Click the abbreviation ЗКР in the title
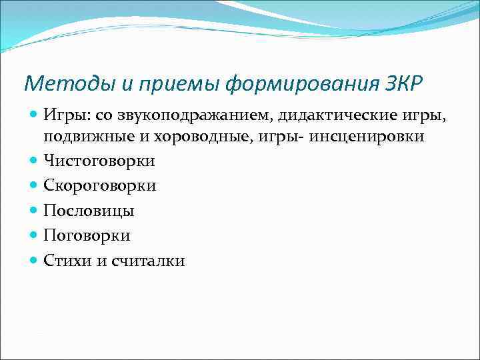tap(404, 84)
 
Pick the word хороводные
tap(189, 136)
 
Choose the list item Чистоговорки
tap(99, 161)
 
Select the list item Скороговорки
tap(100, 185)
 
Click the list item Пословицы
tap(89, 211)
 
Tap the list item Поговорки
tap(87, 235)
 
